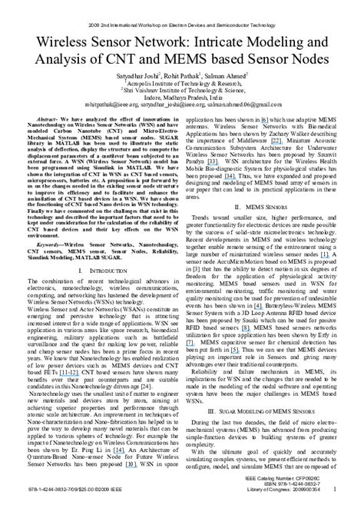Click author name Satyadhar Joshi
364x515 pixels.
coord(136,76)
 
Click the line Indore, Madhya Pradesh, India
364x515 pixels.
coord(181,99)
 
